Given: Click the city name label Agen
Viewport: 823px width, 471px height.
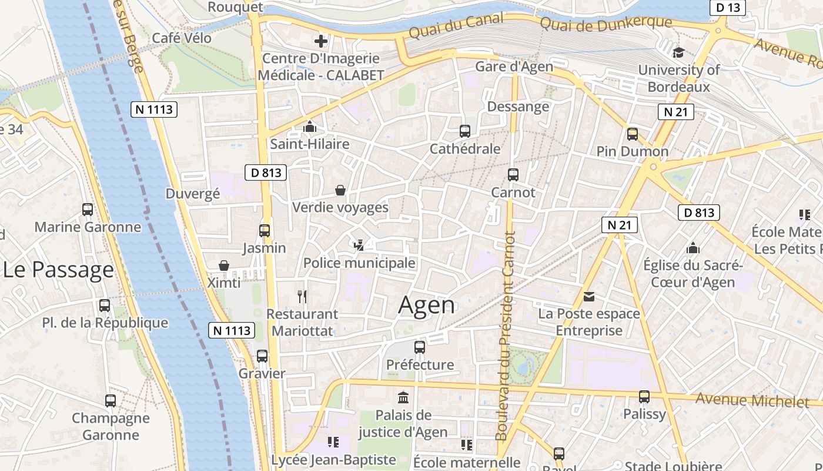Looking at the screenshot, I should pyautogui.click(x=426, y=305).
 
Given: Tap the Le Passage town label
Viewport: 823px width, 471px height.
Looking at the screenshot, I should pyautogui.click(x=58, y=270).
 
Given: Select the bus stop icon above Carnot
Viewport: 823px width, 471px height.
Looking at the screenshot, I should pyautogui.click(x=513, y=174).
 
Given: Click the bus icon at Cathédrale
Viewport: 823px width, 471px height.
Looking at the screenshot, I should pyautogui.click(x=465, y=131).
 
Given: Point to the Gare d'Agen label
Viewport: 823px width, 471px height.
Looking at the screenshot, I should pyautogui.click(x=514, y=67).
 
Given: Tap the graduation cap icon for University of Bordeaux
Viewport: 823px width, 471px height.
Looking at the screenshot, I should pyautogui.click(x=679, y=52).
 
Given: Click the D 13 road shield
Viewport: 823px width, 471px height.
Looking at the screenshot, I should pyautogui.click(x=728, y=8).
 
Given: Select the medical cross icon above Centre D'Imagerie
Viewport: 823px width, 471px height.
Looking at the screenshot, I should pyautogui.click(x=320, y=41).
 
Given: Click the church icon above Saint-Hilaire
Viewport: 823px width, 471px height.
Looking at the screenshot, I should pyautogui.click(x=309, y=127).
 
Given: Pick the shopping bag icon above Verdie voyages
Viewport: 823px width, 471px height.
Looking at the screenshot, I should pyautogui.click(x=340, y=190).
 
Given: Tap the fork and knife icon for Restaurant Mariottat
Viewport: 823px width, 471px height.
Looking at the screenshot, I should pyautogui.click(x=302, y=296).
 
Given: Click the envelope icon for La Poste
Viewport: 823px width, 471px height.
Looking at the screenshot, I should pyautogui.click(x=589, y=296).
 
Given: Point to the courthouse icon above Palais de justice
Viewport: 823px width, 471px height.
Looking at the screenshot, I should pyautogui.click(x=403, y=397).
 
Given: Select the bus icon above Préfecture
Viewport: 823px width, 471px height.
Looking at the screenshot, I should pyautogui.click(x=420, y=347).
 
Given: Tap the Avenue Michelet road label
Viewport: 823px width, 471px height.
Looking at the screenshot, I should pyautogui.click(x=752, y=400).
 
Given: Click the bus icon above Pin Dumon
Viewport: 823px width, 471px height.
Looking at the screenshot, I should pyautogui.click(x=633, y=134).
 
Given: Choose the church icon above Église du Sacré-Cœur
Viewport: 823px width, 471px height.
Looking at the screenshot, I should pyautogui.click(x=693, y=248).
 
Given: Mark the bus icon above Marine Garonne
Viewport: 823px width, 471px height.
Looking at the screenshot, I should pyautogui.click(x=88, y=210).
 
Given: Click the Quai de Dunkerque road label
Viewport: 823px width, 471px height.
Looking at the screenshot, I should pyautogui.click(x=605, y=24).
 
